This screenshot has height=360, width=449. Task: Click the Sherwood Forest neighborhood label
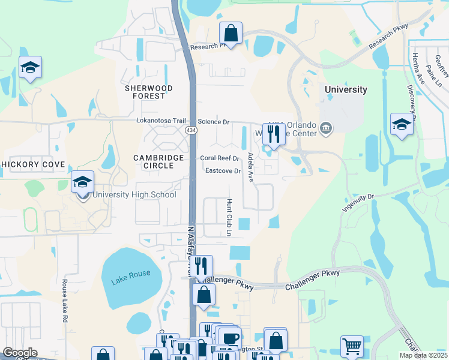pos(148,92)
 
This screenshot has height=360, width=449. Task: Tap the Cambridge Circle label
pos(158,161)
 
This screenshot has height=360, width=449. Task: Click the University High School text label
pos(134,194)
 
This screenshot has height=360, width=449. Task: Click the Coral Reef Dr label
pos(220,158)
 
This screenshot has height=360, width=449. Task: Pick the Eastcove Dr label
pos(223,171)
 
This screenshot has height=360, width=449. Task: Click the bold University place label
pos(346,89)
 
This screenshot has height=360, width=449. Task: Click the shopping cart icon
pos(352,346)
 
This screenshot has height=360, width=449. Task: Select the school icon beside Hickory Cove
pos(82,182)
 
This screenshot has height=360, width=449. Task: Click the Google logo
pos(20,353)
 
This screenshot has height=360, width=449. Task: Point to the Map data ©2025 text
pos(423,355)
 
